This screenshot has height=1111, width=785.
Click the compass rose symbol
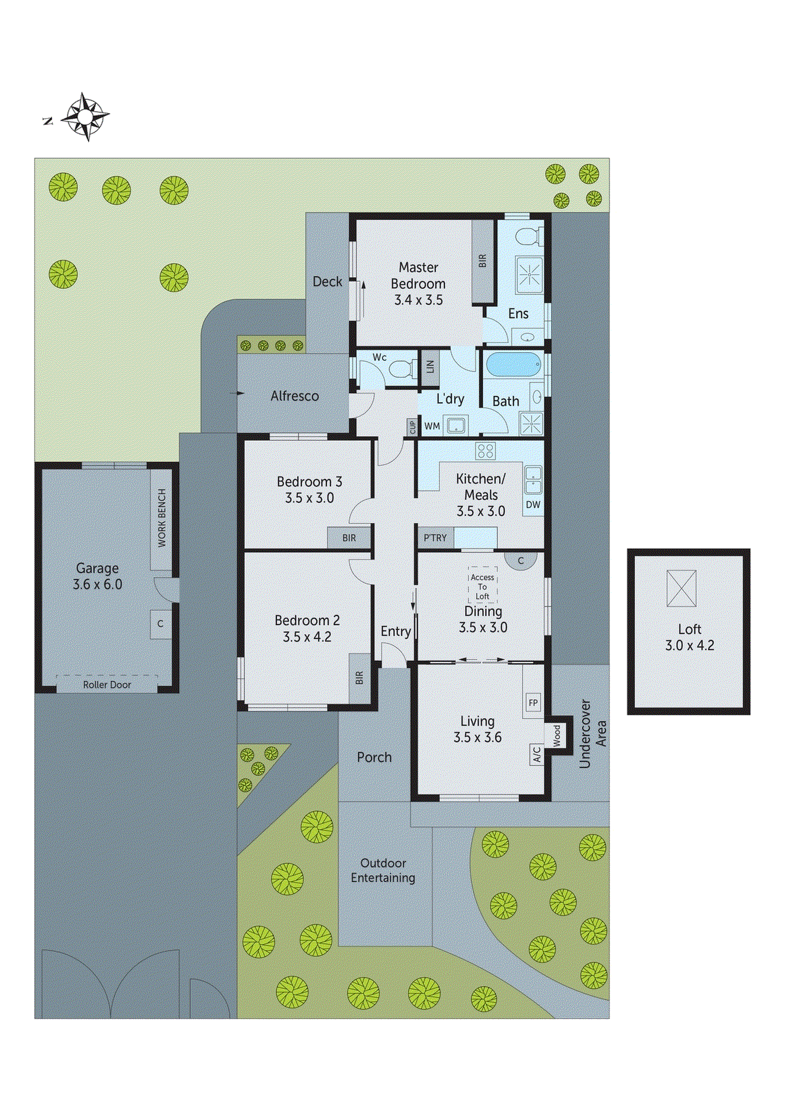(85, 117)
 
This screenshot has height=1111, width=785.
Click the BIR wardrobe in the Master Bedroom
(482, 261)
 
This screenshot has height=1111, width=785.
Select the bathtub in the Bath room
(514, 365)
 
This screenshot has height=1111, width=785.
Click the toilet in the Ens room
(530, 236)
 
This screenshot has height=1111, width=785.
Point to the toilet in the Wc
(403, 369)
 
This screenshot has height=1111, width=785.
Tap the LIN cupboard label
(430, 366)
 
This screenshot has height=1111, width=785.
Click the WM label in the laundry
(432, 426)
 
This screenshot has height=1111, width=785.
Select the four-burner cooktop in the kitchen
(485, 451)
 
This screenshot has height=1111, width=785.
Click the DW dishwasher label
(533, 505)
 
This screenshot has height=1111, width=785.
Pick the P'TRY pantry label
(435, 537)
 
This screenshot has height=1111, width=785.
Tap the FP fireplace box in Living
(533, 703)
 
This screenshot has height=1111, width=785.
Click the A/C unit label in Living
(537, 755)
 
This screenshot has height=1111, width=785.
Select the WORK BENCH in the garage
(162, 518)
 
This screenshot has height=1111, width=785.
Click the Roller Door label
(107, 685)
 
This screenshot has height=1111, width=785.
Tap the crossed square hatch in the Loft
(681, 588)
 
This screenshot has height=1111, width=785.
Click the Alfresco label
(294, 396)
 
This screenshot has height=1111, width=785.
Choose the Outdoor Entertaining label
(383, 870)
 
